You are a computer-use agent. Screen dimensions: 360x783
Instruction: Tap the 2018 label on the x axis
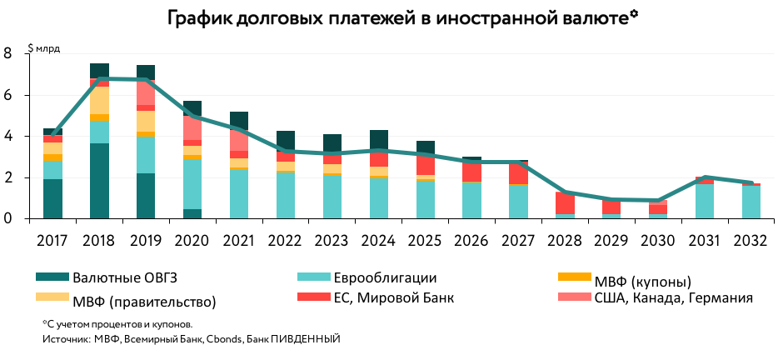(99, 240)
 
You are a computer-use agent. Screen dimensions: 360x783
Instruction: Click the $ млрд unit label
(44, 48)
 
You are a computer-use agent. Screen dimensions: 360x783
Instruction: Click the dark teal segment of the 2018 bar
(99, 180)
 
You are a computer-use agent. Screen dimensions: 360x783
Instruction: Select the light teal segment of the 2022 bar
(286, 196)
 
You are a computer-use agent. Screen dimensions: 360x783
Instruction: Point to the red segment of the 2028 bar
(565, 203)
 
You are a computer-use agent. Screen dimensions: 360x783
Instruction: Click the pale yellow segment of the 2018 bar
(99, 100)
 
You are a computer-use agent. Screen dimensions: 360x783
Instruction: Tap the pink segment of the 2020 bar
(192, 127)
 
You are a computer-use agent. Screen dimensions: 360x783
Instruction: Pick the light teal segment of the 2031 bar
(705, 201)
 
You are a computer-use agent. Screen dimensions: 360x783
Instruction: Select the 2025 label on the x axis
(426, 240)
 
